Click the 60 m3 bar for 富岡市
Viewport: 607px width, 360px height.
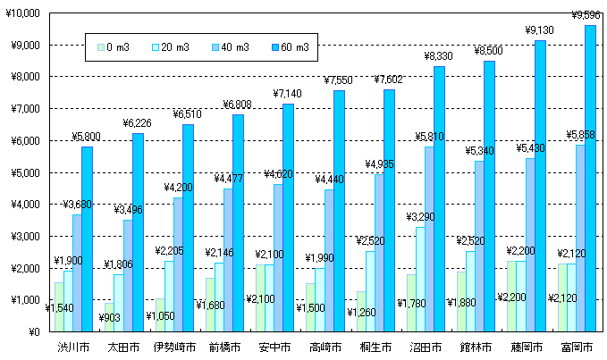pos(590,179)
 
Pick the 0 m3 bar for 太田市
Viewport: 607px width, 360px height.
pos(109,317)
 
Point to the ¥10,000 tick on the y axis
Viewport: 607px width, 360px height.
pos(22,13)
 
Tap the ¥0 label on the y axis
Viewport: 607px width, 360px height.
pos(33,331)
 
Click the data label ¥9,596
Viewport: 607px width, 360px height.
pos(586,15)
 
